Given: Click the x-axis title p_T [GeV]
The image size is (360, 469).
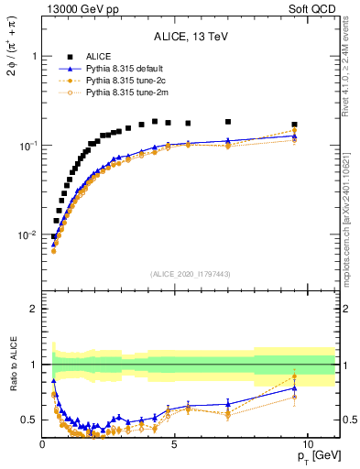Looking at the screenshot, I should (316, 456).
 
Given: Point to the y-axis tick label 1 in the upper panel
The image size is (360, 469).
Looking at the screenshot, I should (34, 56).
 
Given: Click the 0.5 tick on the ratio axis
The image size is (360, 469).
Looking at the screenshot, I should (29, 420).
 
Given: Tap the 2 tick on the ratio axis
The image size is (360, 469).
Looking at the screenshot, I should (34, 309).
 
